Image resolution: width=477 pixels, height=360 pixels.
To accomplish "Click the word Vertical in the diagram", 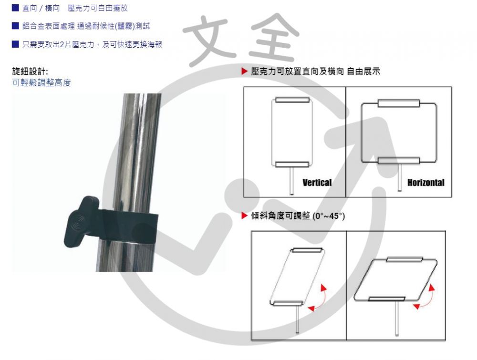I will tap(317, 183).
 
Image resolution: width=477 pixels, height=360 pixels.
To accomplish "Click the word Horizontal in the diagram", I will tap(425, 183).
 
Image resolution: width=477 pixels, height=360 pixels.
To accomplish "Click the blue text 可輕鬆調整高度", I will tap(41, 83).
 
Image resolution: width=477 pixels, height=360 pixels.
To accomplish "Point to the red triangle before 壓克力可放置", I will tap(245, 72).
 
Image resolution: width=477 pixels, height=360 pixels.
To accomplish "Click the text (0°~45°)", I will tap(328, 216).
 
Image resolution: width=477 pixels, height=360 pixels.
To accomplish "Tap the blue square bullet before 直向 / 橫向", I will tap(15, 8).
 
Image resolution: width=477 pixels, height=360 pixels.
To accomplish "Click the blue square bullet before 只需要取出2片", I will tap(15, 44).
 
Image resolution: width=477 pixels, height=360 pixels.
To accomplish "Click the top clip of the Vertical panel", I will tap(292, 100).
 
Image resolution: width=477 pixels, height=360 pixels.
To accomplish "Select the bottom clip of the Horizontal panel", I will tap(399, 161).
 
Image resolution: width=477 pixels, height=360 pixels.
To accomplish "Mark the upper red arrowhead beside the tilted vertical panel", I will tap(324, 287).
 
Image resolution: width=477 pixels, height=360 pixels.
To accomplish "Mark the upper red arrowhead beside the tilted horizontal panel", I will tap(432, 288).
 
